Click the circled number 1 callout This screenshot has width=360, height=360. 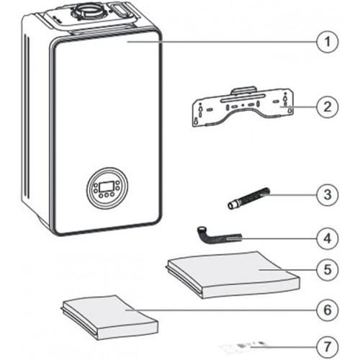point(328,42)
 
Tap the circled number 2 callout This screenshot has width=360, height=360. point(328,107)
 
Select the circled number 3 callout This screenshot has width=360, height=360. point(328,194)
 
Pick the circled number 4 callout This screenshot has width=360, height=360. point(328,238)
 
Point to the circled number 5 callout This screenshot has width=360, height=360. point(328,270)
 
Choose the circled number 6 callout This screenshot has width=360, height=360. point(328,310)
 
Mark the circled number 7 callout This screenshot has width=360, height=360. point(328,346)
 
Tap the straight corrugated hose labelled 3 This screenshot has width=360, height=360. point(248,199)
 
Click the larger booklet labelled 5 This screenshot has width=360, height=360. point(233,275)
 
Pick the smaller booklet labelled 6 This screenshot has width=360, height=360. point(110,318)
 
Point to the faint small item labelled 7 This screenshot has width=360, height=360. point(243,346)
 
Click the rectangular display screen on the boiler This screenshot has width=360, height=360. point(107,186)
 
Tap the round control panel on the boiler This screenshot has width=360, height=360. point(107,188)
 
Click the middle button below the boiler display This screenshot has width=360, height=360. point(107,195)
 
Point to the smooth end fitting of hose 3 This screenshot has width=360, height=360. point(231,206)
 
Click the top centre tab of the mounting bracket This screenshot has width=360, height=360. point(243,90)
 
